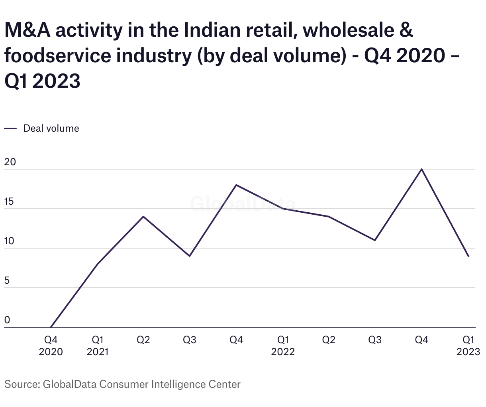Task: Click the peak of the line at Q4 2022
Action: tap(421, 169)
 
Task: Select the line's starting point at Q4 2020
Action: tap(51, 327)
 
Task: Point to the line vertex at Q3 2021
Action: tap(190, 256)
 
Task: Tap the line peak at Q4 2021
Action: tap(236, 185)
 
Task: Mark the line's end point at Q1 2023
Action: tap(468, 256)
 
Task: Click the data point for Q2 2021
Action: tap(143, 217)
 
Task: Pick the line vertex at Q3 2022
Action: tap(375, 240)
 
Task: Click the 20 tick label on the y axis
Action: tap(10, 162)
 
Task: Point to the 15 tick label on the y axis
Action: tap(9, 202)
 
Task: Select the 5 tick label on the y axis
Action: tap(7, 281)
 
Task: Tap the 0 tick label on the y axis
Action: tap(7, 320)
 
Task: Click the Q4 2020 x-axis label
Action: tap(51, 346)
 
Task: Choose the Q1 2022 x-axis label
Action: tap(283, 346)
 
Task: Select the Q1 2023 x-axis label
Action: tap(468, 346)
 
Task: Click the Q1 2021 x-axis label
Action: tap(98, 346)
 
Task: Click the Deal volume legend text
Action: tap(51, 128)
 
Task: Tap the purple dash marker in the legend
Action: tap(10, 128)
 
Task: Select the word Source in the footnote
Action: tap(21, 384)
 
